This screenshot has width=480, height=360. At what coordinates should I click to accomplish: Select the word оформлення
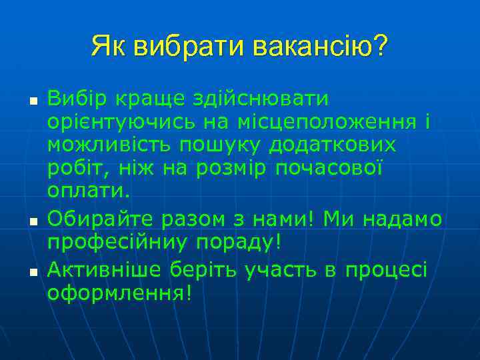117,292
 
